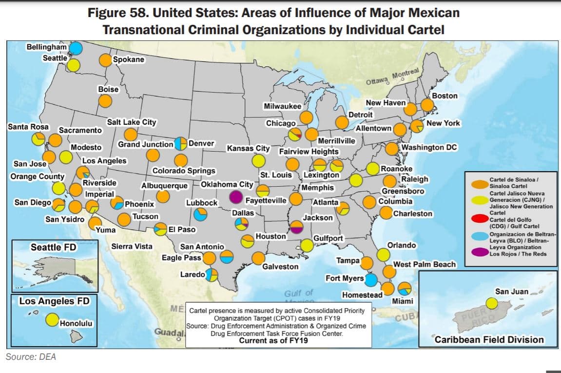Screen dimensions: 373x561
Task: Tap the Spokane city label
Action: click(x=129, y=59)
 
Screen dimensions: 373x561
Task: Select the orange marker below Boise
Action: click(x=105, y=101)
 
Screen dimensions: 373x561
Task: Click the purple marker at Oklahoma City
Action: click(x=235, y=197)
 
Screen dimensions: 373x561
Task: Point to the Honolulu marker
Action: click(x=52, y=320)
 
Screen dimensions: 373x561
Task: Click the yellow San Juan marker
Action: click(x=492, y=303)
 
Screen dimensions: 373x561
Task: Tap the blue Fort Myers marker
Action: click(x=371, y=279)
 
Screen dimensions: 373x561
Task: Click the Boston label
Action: click(x=445, y=96)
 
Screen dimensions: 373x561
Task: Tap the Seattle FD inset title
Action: click(x=54, y=247)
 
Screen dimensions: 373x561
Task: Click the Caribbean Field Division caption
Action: click(x=489, y=340)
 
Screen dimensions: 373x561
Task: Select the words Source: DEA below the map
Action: click(x=31, y=357)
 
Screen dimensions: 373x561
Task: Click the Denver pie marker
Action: click(x=181, y=143)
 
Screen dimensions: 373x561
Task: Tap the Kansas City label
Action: click(x=248, y=148)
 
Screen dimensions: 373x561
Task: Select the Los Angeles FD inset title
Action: click(x=54, y=301)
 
